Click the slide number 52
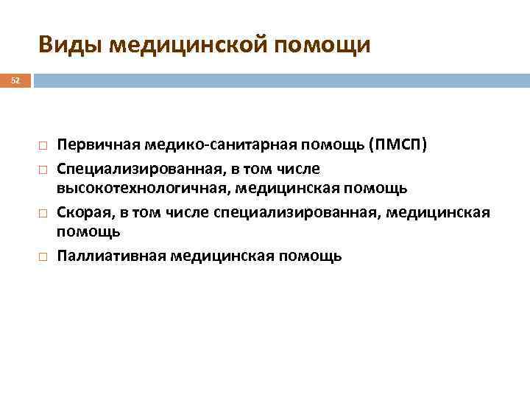(15, 79)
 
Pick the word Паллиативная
(110, 256)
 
